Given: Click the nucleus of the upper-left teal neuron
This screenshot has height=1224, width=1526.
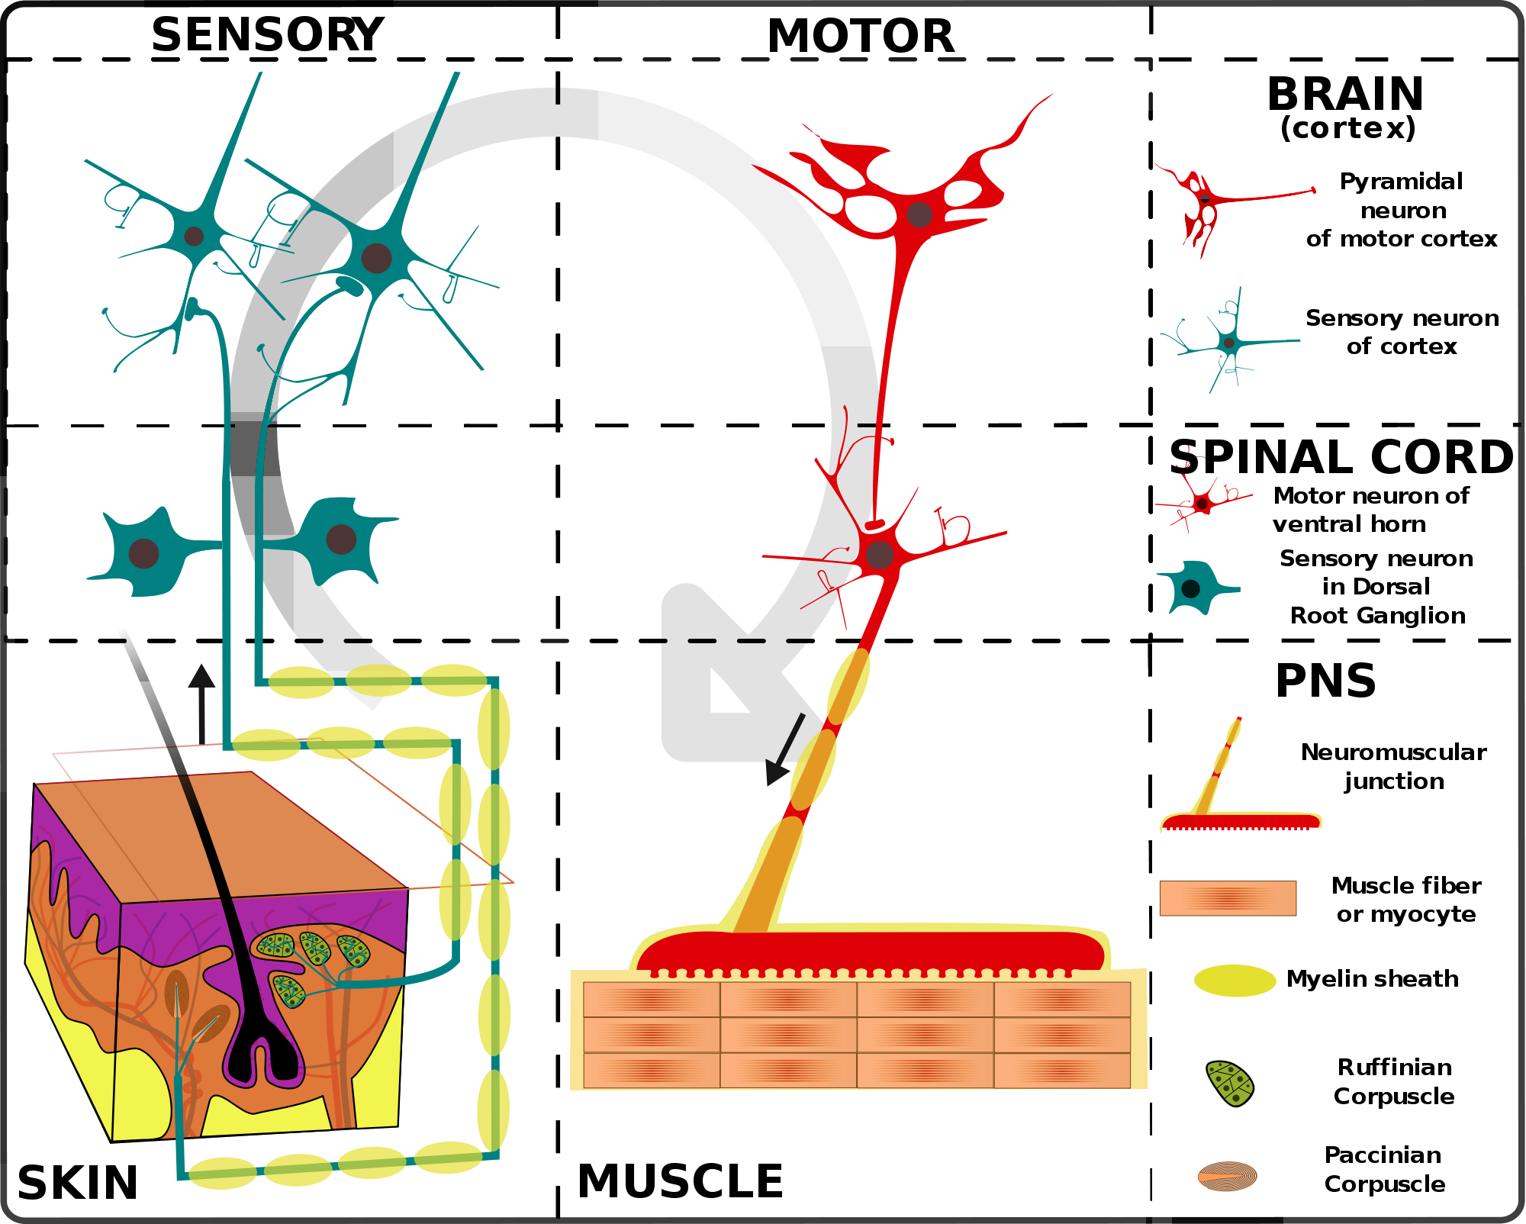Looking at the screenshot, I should tap(194, 236).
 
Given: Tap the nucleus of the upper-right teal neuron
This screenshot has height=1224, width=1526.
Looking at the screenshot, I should tap(376, 258).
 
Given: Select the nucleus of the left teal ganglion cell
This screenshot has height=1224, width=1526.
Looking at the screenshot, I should tap(143, 553).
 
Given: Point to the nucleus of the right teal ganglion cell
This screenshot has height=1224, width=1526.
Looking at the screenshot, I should tap(341, 539).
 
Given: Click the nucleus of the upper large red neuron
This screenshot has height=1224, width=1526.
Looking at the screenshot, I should tap(919, 214).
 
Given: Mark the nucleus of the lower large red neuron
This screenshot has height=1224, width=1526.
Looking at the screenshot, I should tap(880, 555).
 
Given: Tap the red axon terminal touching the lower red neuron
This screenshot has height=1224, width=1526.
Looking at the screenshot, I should tap(874, 525).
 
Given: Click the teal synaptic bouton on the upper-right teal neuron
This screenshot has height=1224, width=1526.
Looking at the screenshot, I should tap(350, 286).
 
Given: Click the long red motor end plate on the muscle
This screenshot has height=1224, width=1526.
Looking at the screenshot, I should tap(870, 951).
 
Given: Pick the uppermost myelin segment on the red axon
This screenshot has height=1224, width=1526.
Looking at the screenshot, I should tap(848, 686).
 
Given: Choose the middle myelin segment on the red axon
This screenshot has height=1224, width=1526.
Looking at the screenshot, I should tap(813, 769).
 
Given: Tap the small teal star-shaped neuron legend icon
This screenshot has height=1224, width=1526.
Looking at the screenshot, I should tap(1228, 343).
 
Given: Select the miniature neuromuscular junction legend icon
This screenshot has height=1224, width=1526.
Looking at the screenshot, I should tap(1240, 817).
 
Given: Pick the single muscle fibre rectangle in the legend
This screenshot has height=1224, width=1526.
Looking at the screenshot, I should tap(1228, 898).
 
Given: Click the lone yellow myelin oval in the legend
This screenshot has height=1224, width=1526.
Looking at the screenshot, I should tap(1235, 981).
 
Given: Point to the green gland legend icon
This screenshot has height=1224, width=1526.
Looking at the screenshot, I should tap(1230, 1084).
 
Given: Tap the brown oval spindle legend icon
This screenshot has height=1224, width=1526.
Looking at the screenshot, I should tap(1227, 1176).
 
